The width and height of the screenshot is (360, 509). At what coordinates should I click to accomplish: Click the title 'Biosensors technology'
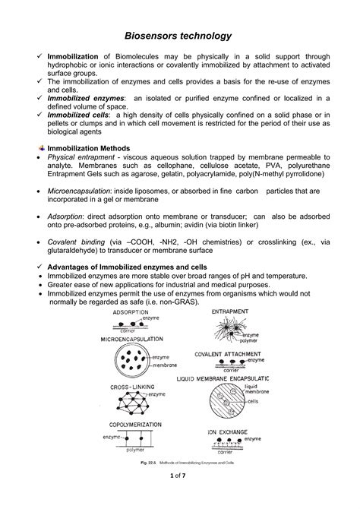[x=179, y=36]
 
